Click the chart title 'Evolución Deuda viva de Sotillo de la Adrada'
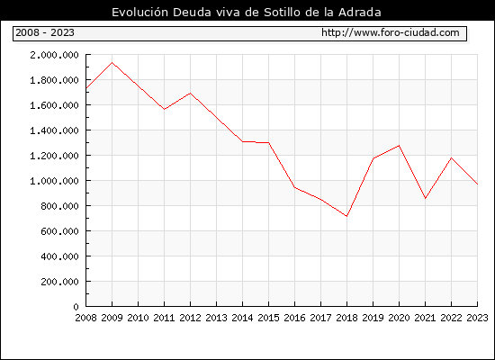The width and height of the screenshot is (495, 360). click(247, 12)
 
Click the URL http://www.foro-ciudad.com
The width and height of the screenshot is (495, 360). click(391, 32)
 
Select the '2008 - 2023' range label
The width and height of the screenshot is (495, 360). click(45, 32)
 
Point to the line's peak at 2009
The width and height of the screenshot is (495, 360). click(112, 62)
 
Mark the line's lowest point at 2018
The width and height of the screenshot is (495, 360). click(346, 216)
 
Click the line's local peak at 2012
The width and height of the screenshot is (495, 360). click(191, 94)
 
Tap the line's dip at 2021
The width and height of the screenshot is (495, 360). click(425, 198)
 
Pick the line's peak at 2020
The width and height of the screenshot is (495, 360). click(400, 146)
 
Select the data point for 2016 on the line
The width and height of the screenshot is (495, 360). click(294, 187)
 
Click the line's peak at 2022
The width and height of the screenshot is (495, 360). click(452, 157)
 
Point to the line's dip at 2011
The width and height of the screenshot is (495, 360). click(164, 109)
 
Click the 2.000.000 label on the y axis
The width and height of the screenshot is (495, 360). click(54, 55)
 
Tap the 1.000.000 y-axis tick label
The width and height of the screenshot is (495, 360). click(54, 181)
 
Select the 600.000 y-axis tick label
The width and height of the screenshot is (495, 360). click(59, 231)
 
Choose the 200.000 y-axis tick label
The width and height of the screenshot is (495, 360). click(59, 282)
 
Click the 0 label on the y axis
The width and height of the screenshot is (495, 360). click(76, 307)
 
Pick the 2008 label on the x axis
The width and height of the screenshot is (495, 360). click(85, 318)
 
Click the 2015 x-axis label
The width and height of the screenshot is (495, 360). click(269, 318)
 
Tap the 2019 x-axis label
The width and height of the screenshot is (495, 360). click(373, 318)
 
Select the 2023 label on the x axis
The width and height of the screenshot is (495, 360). click(477, 318)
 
